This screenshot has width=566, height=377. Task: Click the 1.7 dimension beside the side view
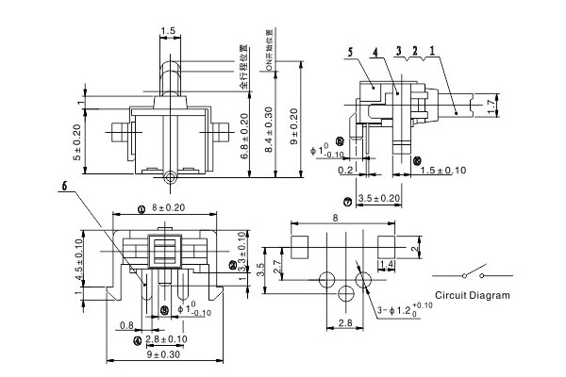click(x=488, y=104)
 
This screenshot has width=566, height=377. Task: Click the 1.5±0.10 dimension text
click(x=442, y=170)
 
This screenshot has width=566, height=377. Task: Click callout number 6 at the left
click(x=65, y=188)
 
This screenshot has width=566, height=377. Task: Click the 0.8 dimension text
click(x=126, y=325)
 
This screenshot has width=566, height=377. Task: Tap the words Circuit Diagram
click(x=473, y=295)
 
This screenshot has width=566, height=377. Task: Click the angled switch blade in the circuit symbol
click(x=471, y=273)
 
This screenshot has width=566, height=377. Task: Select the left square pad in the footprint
click(x=301, y=246)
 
